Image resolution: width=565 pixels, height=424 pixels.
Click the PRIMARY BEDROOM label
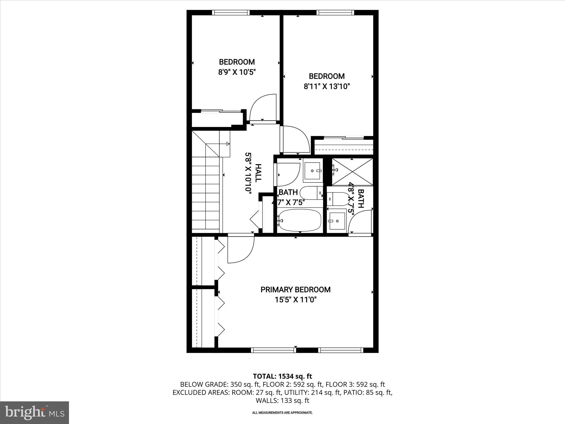(x=295, y=290)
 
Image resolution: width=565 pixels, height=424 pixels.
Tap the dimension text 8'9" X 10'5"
(x=237, y=72)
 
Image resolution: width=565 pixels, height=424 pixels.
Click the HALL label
(x=258, y=173)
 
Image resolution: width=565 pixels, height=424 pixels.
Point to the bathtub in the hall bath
(x=299, y=221)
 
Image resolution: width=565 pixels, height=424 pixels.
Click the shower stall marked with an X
(x=352, y=171)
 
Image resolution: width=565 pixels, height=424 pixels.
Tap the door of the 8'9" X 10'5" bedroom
(x=263, y=108)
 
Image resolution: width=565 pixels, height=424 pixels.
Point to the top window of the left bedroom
(x=231, y=12)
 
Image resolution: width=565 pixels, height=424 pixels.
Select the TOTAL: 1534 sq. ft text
(x=282, y=376)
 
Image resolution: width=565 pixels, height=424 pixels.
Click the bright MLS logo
(x=34, y=412)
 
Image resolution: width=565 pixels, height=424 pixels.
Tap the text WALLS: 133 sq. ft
(x=282, y=401)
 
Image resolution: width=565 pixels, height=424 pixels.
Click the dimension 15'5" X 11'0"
(x=295, y=300)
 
